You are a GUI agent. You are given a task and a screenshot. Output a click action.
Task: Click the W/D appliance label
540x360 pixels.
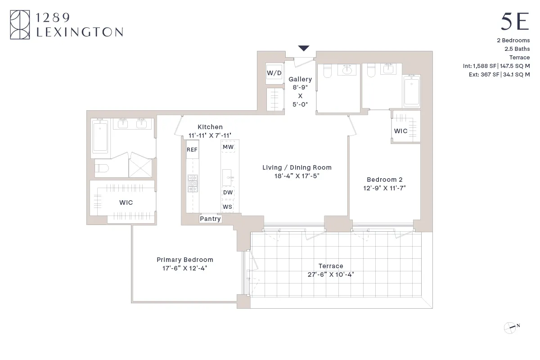point(274,73)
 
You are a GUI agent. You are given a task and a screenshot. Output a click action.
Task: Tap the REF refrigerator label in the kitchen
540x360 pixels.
point(192,150)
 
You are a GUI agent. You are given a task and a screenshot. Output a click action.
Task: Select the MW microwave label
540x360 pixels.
point(228,147)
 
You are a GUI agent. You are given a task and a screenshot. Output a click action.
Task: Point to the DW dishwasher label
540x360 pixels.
point(228,193)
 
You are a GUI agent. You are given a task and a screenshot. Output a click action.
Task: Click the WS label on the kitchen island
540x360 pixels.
point(228,207)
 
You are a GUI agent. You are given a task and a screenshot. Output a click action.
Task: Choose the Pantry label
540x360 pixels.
point(210,219)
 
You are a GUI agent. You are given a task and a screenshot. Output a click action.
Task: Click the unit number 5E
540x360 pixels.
point(515,22)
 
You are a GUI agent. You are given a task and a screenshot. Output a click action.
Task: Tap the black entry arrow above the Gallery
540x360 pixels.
point(304,48)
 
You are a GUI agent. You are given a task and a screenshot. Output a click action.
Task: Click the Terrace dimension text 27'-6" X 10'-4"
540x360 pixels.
point(331,274)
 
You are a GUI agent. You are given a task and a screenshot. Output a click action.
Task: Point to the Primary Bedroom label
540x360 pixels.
point(185,260)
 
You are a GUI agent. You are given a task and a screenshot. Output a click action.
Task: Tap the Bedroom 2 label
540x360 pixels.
point(384,179)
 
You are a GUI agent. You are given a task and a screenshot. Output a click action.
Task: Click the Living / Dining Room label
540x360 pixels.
point(297,167)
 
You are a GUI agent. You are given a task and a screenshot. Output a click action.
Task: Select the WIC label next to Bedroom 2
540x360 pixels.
point(400,131)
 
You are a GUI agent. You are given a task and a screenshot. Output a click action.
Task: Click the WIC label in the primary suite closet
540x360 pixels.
point(126,202)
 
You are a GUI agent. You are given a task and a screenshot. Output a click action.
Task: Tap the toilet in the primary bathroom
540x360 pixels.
point(102,169)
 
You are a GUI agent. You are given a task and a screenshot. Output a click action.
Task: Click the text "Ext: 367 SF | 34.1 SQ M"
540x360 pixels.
point(496,74)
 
